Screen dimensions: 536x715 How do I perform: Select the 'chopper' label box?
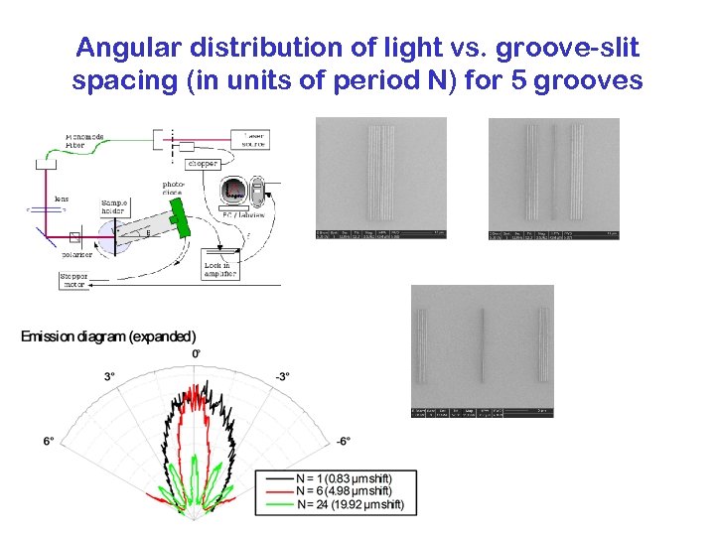[x=201, y=163]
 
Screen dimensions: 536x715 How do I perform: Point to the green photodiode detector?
[x=178, y=216]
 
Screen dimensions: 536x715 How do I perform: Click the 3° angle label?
[x=109, y=376]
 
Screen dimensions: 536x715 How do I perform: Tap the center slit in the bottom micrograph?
[x=482, y=345]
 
